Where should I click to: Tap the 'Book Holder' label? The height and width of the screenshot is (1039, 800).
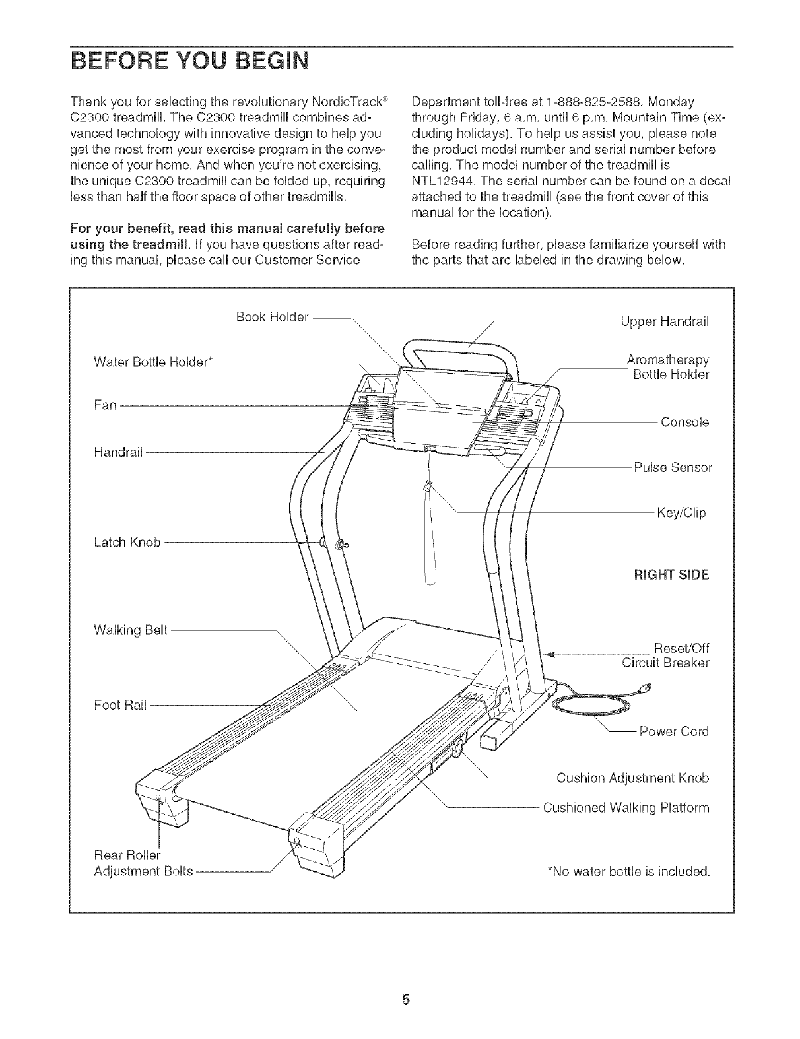pos(272,317)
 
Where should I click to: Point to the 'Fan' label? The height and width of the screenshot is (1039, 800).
pos(106,405)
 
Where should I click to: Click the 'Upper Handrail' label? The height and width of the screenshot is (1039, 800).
pos(665,322)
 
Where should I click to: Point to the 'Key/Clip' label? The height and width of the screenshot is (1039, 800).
pos(681,512)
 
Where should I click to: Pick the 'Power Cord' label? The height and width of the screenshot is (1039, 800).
pos(674,731)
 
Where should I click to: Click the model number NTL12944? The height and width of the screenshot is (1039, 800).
pos(440,181)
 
